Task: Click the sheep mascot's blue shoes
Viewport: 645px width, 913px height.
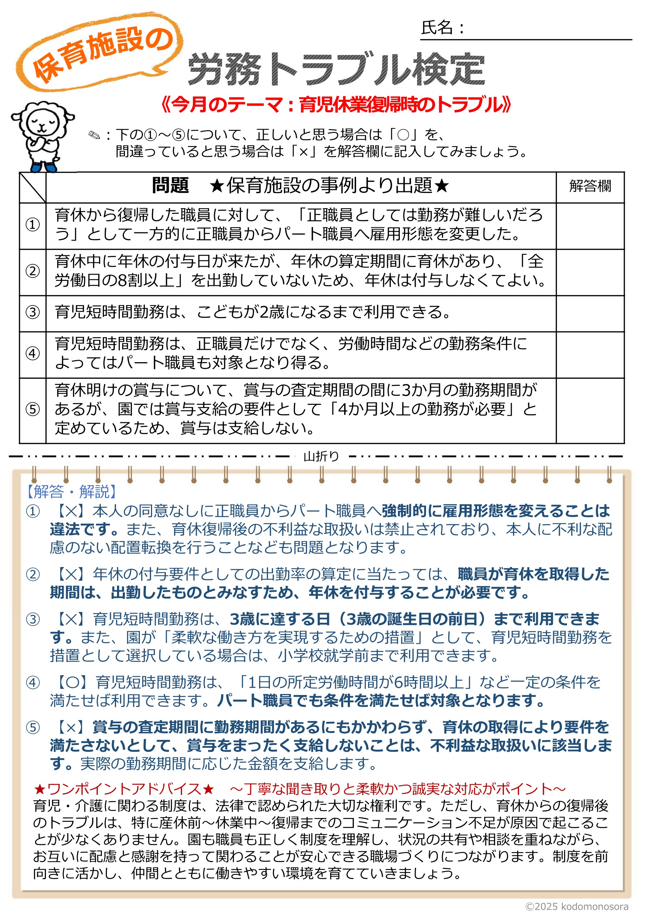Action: [44, 166]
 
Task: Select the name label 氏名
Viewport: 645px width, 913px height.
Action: [437, 28]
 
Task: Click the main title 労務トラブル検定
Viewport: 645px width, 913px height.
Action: [336, 70]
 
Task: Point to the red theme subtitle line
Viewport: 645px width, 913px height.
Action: [336, 105]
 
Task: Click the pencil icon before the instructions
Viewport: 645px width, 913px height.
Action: [94, 135]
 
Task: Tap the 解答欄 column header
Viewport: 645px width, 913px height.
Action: [590, 186]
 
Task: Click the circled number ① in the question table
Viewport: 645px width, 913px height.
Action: [33, 225]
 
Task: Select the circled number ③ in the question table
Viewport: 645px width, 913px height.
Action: [33, 313]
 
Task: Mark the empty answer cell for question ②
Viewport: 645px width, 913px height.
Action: [590, 273]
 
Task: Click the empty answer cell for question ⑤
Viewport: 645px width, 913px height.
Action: [590, 410]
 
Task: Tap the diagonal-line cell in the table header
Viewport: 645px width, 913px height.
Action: [33, 187]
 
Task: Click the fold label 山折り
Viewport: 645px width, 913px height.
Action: [321, 456]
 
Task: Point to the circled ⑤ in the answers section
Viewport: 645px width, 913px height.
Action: [33, 728]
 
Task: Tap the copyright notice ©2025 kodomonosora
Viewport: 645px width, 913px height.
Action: [577, 906]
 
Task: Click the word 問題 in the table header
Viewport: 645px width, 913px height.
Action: [170, 186]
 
